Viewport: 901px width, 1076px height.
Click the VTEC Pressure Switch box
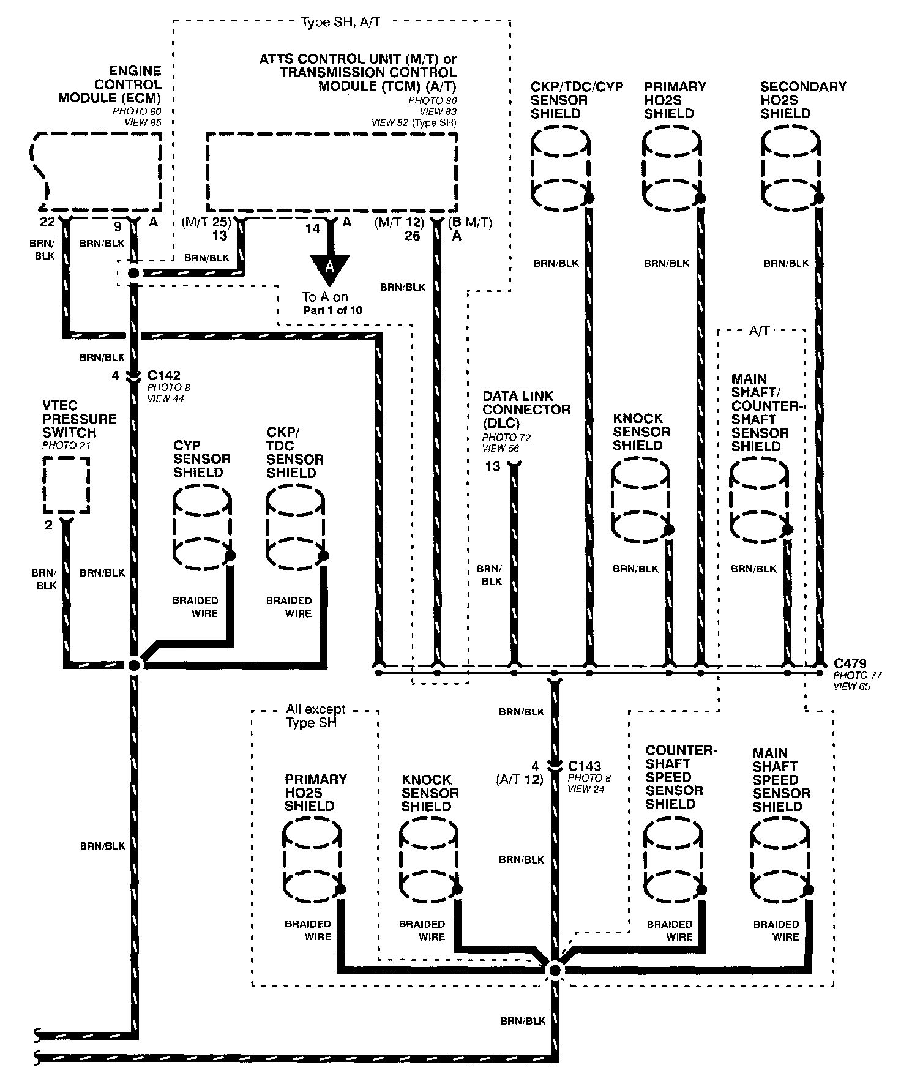pyautogui.click(x=66, y=485)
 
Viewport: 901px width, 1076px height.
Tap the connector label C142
pyautogui.click(x=163, y=375)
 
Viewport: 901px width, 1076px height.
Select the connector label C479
pyautogui.click(x=850, y=663)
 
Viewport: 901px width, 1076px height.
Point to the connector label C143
pyautogui.click(x=585, y=766)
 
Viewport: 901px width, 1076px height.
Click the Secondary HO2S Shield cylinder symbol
pyautogui.click(x=790, y=168)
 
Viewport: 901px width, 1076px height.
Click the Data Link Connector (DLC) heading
pyautogui.click(x=526, y=409)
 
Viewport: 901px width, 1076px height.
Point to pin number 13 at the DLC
pyautogui.click(x=493, y=466)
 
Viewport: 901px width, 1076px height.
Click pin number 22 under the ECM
pyautogui.click(x=47, y=222)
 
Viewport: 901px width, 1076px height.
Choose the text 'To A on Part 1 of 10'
pyautogui.click(x=332, y=303)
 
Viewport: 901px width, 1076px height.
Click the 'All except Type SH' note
pyautogui.click(x=315, y=715)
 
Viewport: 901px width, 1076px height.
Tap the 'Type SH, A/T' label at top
pyautogui.click(x=340, y=23)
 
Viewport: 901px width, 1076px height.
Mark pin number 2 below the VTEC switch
pyautogui.click(x=49, y=525)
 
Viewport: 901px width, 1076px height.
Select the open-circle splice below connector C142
pyautogui.click(x=134, y=665)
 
